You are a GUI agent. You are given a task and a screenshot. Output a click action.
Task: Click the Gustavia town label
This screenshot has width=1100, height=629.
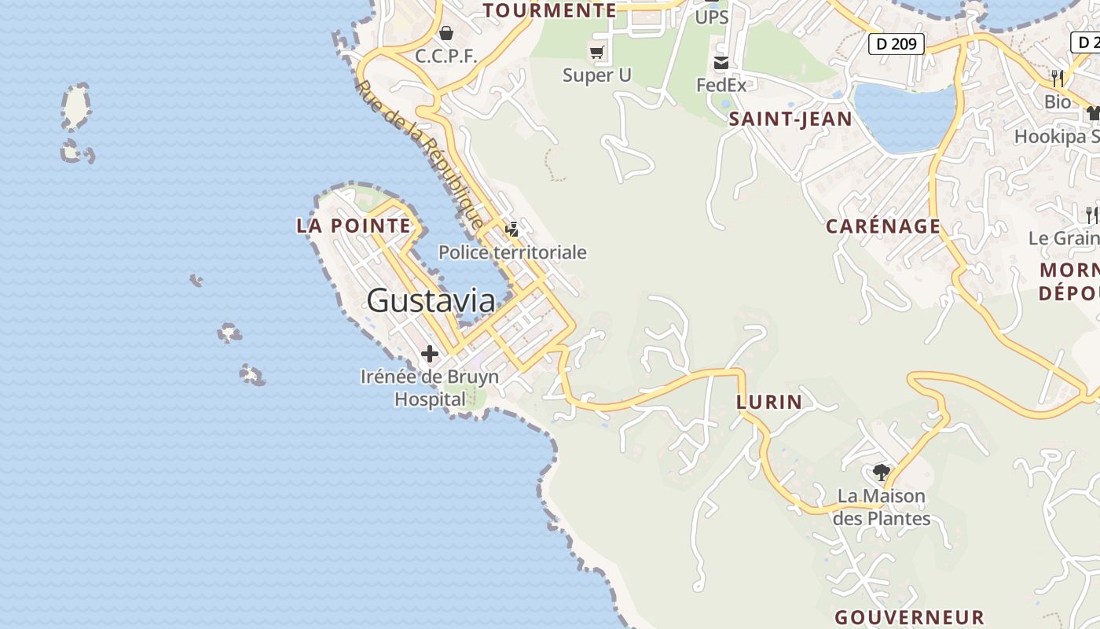pos(431,300)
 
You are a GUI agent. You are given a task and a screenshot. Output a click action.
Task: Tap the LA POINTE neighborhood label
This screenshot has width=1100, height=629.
pos(354,226)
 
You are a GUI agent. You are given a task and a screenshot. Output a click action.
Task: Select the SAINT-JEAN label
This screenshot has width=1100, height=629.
pos(790,119)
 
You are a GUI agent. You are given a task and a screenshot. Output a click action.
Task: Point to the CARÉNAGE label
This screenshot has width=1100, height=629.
pos(883,226)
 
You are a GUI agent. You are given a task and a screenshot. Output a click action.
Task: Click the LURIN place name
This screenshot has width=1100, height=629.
pos(769,402)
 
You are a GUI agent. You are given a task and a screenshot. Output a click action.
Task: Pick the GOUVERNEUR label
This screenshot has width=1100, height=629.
pos(909,617)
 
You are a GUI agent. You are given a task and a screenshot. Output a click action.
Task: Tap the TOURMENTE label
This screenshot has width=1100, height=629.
pos(550,10)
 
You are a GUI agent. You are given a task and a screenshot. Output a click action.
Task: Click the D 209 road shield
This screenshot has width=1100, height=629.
pos(896,44)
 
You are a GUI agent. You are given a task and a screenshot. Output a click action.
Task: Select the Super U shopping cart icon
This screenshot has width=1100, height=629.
pos(597,53)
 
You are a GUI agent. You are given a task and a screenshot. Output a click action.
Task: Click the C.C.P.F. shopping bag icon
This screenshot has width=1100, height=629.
pos(446,33)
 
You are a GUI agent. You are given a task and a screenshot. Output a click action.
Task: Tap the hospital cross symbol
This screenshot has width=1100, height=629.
pos(430,354)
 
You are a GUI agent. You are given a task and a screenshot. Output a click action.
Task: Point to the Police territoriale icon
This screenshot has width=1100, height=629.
pos(512,230)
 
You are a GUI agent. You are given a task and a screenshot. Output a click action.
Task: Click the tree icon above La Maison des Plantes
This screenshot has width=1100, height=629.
pos(882,472)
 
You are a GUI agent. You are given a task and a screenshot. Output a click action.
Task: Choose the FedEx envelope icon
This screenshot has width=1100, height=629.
pos(721,63)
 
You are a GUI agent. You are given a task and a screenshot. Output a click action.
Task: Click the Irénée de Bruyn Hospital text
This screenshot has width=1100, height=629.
pos(430,388)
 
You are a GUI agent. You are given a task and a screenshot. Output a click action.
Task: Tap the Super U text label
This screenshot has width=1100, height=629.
pos(597,75)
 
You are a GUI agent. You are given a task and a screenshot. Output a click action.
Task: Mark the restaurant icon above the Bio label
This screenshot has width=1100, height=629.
pos(1058,78)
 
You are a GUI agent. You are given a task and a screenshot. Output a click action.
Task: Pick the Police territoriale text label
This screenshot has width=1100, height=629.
pos(512,252)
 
